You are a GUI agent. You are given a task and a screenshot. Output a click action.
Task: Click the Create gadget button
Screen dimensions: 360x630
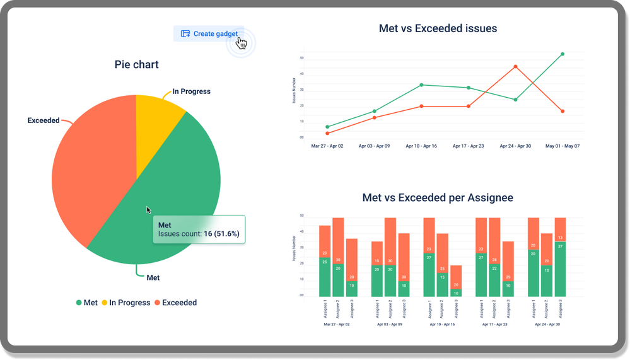pyautogui.click(x=209, y=33)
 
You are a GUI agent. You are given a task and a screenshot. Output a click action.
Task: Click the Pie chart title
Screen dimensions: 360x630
pyautogui.click(x=136, y=64)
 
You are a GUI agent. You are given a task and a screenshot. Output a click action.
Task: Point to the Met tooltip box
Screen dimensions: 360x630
pyautogui.click(x=199, y=229)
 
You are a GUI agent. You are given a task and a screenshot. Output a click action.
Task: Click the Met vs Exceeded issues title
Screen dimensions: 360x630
pyautogui.click(x=438, y=28)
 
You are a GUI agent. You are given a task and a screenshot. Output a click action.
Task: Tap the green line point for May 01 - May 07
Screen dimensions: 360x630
pyautogui.click(x=562, y=54)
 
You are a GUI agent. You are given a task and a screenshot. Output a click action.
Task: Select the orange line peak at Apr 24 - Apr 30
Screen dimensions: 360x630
pyautogui.click(x=515, y=66)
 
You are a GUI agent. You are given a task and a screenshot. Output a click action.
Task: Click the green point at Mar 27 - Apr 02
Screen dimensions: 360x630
pyautogui.click(x=327, y=127)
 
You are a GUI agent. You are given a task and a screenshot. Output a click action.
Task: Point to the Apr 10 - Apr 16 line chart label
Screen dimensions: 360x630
pyautogui.click(x=421, y=146)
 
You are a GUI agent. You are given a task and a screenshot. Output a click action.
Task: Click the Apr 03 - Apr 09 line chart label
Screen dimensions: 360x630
pyautogui.click(x=374, y=146)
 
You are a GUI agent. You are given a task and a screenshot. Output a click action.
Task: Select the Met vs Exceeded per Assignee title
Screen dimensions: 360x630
pyautogui.click(x=438, y=198)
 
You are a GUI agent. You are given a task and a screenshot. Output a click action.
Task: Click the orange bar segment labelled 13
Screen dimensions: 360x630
pyautogui.click(x=561, y=230)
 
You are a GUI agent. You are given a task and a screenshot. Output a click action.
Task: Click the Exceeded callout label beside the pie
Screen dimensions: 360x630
pyautogui.click(x=44, y=120)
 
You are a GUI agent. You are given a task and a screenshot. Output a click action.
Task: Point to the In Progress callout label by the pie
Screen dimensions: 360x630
pyautogui.click(x=191, y=91)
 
